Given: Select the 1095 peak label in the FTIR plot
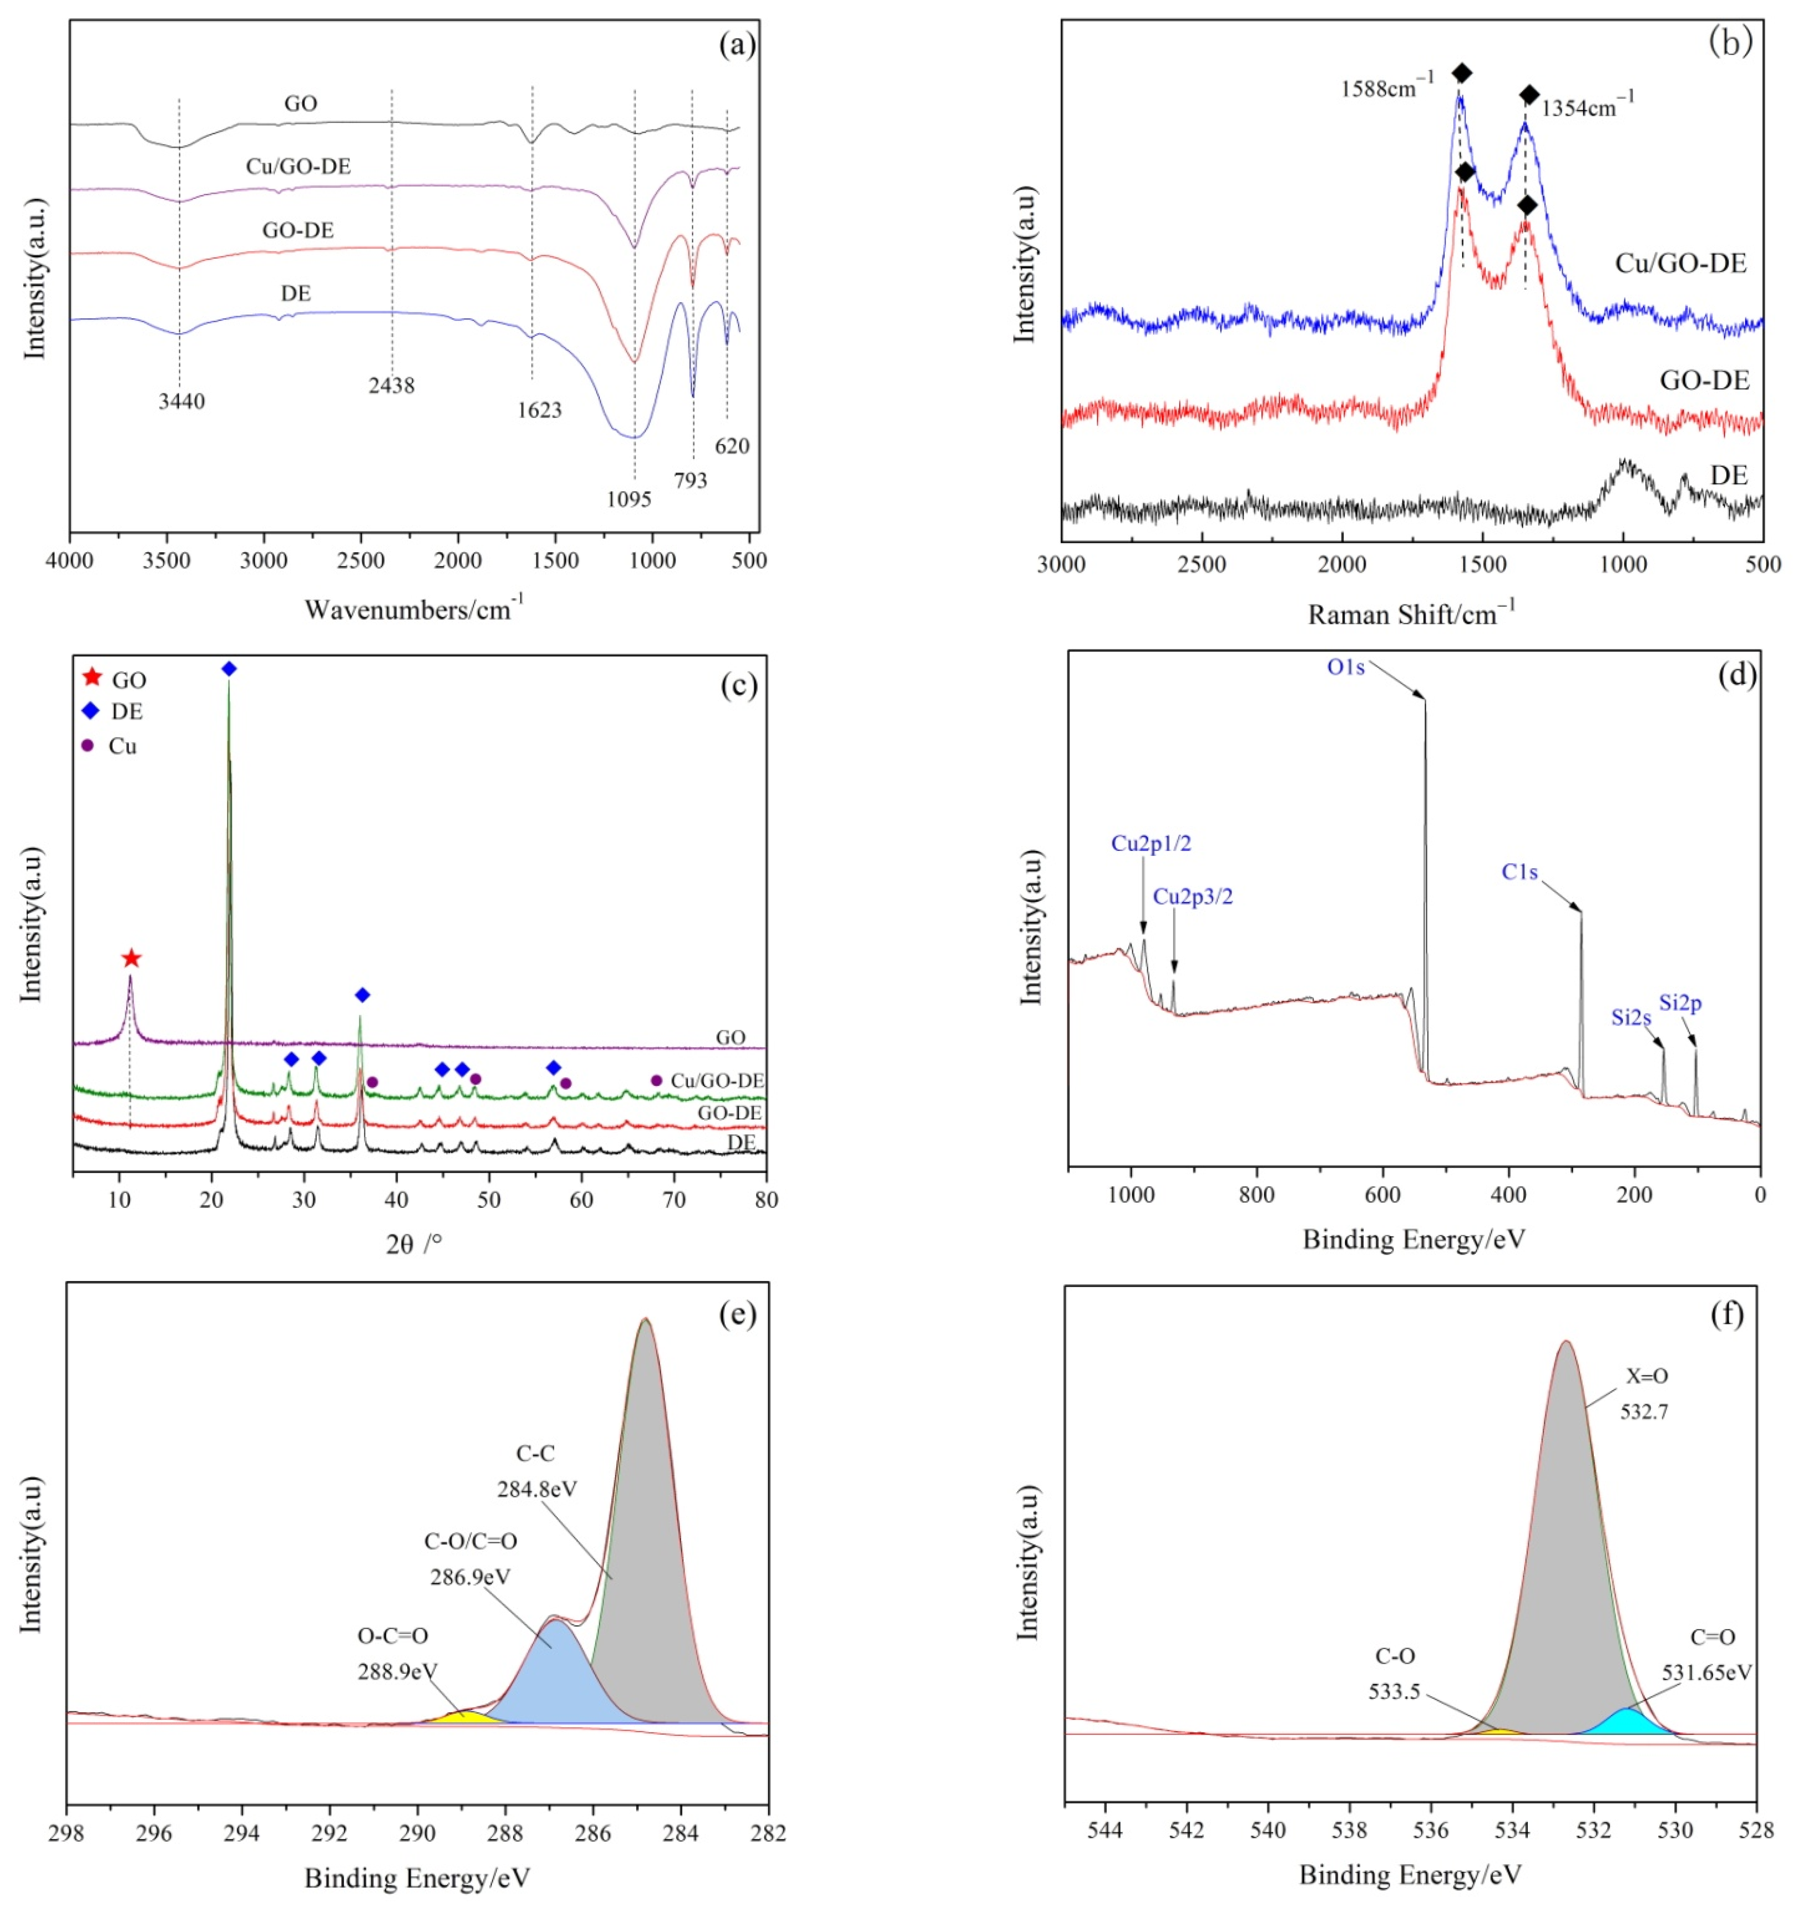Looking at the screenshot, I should coord(629,499).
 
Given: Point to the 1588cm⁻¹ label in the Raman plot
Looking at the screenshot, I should coord(1387,88).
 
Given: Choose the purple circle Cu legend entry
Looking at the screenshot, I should coord(87,746).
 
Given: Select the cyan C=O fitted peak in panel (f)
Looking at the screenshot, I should coord(1629,1721).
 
